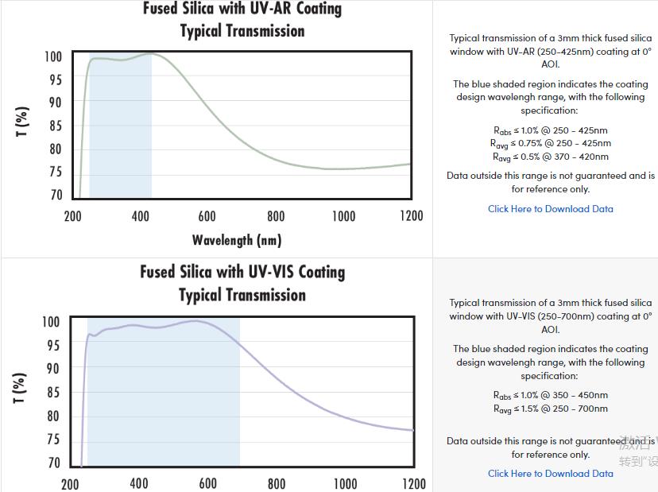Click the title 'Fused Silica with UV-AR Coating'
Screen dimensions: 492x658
[242, 10]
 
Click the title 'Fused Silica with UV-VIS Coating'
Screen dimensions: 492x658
[242, 272]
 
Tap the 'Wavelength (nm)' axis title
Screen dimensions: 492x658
[237, 239]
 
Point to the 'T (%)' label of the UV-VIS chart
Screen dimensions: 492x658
[22, 387]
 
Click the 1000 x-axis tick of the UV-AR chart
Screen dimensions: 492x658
[343, 216]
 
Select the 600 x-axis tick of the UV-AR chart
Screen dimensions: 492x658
[207, 216]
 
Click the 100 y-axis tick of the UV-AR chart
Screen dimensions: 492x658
[52, 57]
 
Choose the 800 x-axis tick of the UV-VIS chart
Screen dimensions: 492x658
[277, 483]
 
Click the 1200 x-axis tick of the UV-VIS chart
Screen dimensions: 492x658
[413, 483]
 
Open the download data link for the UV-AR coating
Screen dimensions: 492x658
[551, 209]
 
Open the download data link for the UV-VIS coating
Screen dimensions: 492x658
[551, 474]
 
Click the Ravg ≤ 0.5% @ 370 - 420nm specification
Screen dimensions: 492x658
[551, 157]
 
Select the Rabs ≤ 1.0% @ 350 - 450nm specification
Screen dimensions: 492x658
[551, 395]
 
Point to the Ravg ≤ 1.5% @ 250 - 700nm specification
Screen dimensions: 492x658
[551, 409]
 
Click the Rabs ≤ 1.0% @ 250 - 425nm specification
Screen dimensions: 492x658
[551, 130]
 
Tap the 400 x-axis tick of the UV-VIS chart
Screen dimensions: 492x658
[139, 483]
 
